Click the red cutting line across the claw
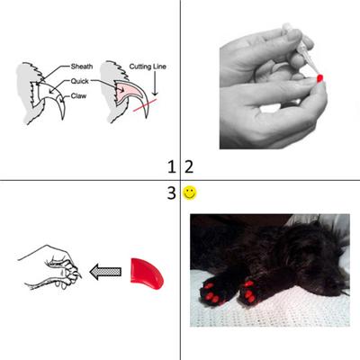coord(144,111)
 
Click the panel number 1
coord(171,166)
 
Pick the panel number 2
coord(188,166)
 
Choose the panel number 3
coord(171,192)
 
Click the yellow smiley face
coord(190,192)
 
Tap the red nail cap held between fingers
coord(320,80)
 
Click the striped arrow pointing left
coord(106,269)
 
